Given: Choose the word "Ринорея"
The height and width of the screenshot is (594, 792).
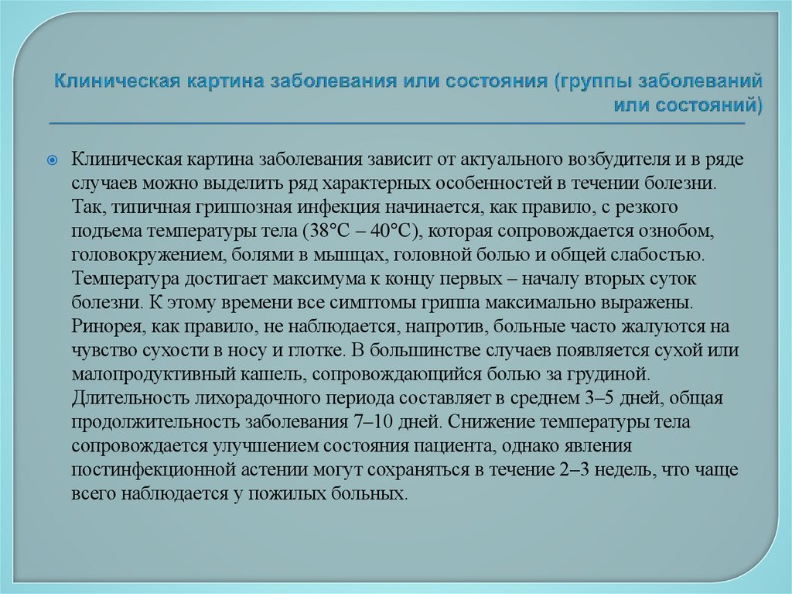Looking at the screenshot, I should click(104, 325).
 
